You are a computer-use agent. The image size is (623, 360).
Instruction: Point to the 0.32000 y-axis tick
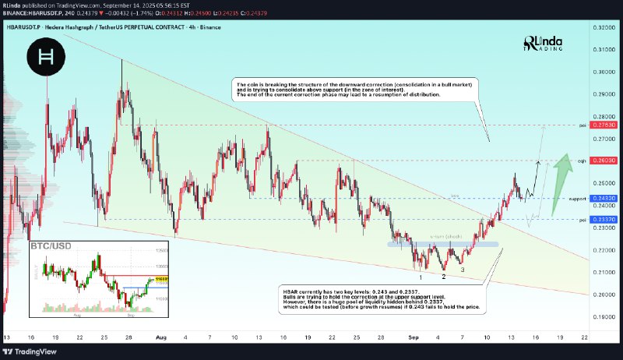tap(604, 27)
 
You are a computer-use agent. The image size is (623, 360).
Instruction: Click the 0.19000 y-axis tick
tap(604, 316)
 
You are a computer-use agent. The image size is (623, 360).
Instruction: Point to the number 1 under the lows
tap(421, 276)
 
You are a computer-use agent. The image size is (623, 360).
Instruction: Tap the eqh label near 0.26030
tap(580, 161)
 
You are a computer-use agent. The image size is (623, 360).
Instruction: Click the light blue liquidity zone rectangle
tap(443, 244)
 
